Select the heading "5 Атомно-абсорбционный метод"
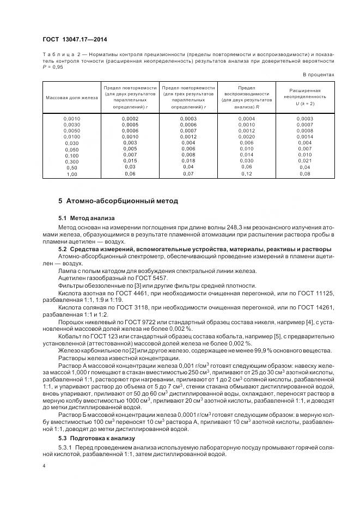pyautogui.click(x=119, y=201)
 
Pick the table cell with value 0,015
pyautogui.click(x=130, y=161)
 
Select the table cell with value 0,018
pyautogui.click(x=188, y=161)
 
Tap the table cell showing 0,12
pyautogui.click(x=247, y=174)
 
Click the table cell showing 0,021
pyautogui.click(x=304, y=161)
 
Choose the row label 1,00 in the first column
pyautogui.click(x=71, y=174)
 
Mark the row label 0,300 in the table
pyautogui.click(x=71, y=161)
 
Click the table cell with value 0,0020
pyautogui.click(x=247, y=136)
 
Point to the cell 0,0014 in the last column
pyautogui.click(x=304, y=136)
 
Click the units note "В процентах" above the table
pyautogui.click(x=319, y=74)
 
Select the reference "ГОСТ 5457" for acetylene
pyautogui.click(x=152, y=278)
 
